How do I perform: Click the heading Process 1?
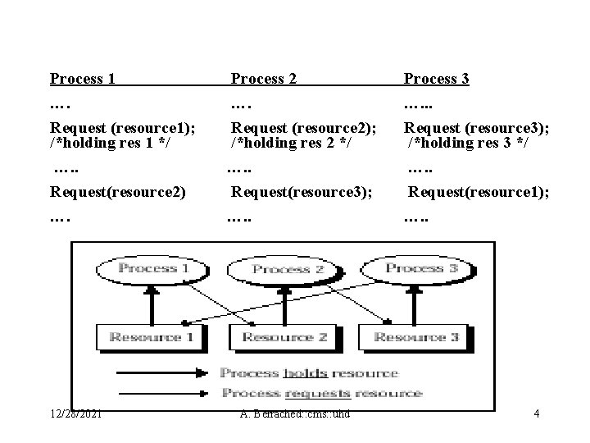click(x=82, y=79)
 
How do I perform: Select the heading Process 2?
click(x=263, y=79)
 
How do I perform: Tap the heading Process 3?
click(x=436, y=79)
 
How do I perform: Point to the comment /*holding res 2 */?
click(x=292, y=143)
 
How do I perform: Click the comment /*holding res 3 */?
click(x=469, y=143)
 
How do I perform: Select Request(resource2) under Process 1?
click(x=118, y=192)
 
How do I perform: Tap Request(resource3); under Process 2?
click(x=302, y=192)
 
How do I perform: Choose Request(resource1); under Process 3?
click(x=479, y=192)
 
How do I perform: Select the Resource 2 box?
click(x=284, y=336)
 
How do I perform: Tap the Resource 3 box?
click(x=416, y=336)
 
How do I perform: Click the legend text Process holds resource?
click(x=309, y=372)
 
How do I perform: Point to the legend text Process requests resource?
click(x=321, y=393)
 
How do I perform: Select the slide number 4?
click(x=536, y=413)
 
